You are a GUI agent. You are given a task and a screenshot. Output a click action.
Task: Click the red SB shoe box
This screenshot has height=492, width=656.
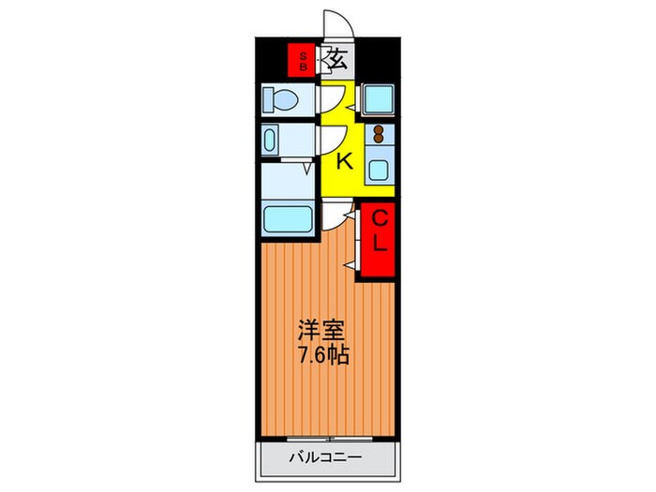click(302, 60)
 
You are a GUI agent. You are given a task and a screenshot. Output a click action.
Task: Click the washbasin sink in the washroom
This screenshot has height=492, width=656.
click(272, 142)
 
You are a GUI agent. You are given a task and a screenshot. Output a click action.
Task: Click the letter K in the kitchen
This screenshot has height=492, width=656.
click(344, 160)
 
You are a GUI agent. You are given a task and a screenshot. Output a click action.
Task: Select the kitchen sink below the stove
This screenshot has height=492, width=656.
click(380, 170)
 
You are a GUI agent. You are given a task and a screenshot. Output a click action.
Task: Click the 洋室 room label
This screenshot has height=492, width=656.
click(321, 331)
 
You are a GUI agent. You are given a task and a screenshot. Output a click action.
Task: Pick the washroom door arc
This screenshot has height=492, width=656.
click(330, 141)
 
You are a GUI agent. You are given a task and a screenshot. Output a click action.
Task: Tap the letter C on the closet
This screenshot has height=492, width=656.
click(380, 219)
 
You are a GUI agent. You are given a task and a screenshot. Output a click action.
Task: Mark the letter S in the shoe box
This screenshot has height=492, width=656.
click(302, 54)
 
